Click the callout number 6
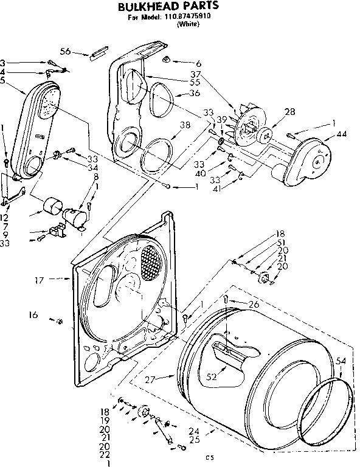[x=199, y=63]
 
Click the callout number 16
[x=33, y=315]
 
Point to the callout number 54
[x=341, y=361]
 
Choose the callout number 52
[x=212, y=377]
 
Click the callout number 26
[x=254, y=304]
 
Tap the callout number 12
[x=4, y=218]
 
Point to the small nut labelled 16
[x=59, y=320]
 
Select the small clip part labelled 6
[x=167, y=59]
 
